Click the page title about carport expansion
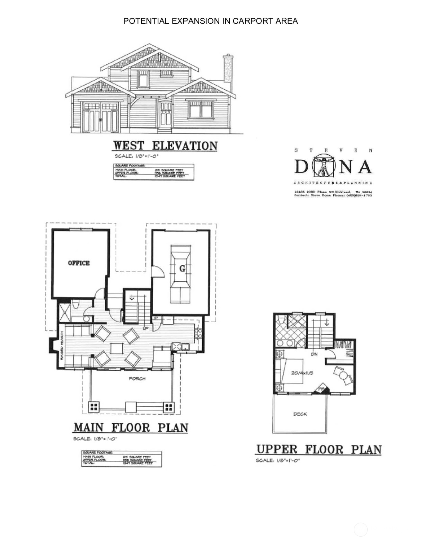210,21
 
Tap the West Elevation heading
165,146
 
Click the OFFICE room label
79,263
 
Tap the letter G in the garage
182,268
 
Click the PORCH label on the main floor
137,379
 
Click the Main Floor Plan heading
131,428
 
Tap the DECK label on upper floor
300,414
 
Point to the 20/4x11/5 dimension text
302,373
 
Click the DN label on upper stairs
314,354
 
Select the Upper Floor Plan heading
318,449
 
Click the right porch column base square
169,407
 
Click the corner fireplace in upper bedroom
322,389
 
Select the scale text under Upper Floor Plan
278,460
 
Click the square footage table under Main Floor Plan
121,459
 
